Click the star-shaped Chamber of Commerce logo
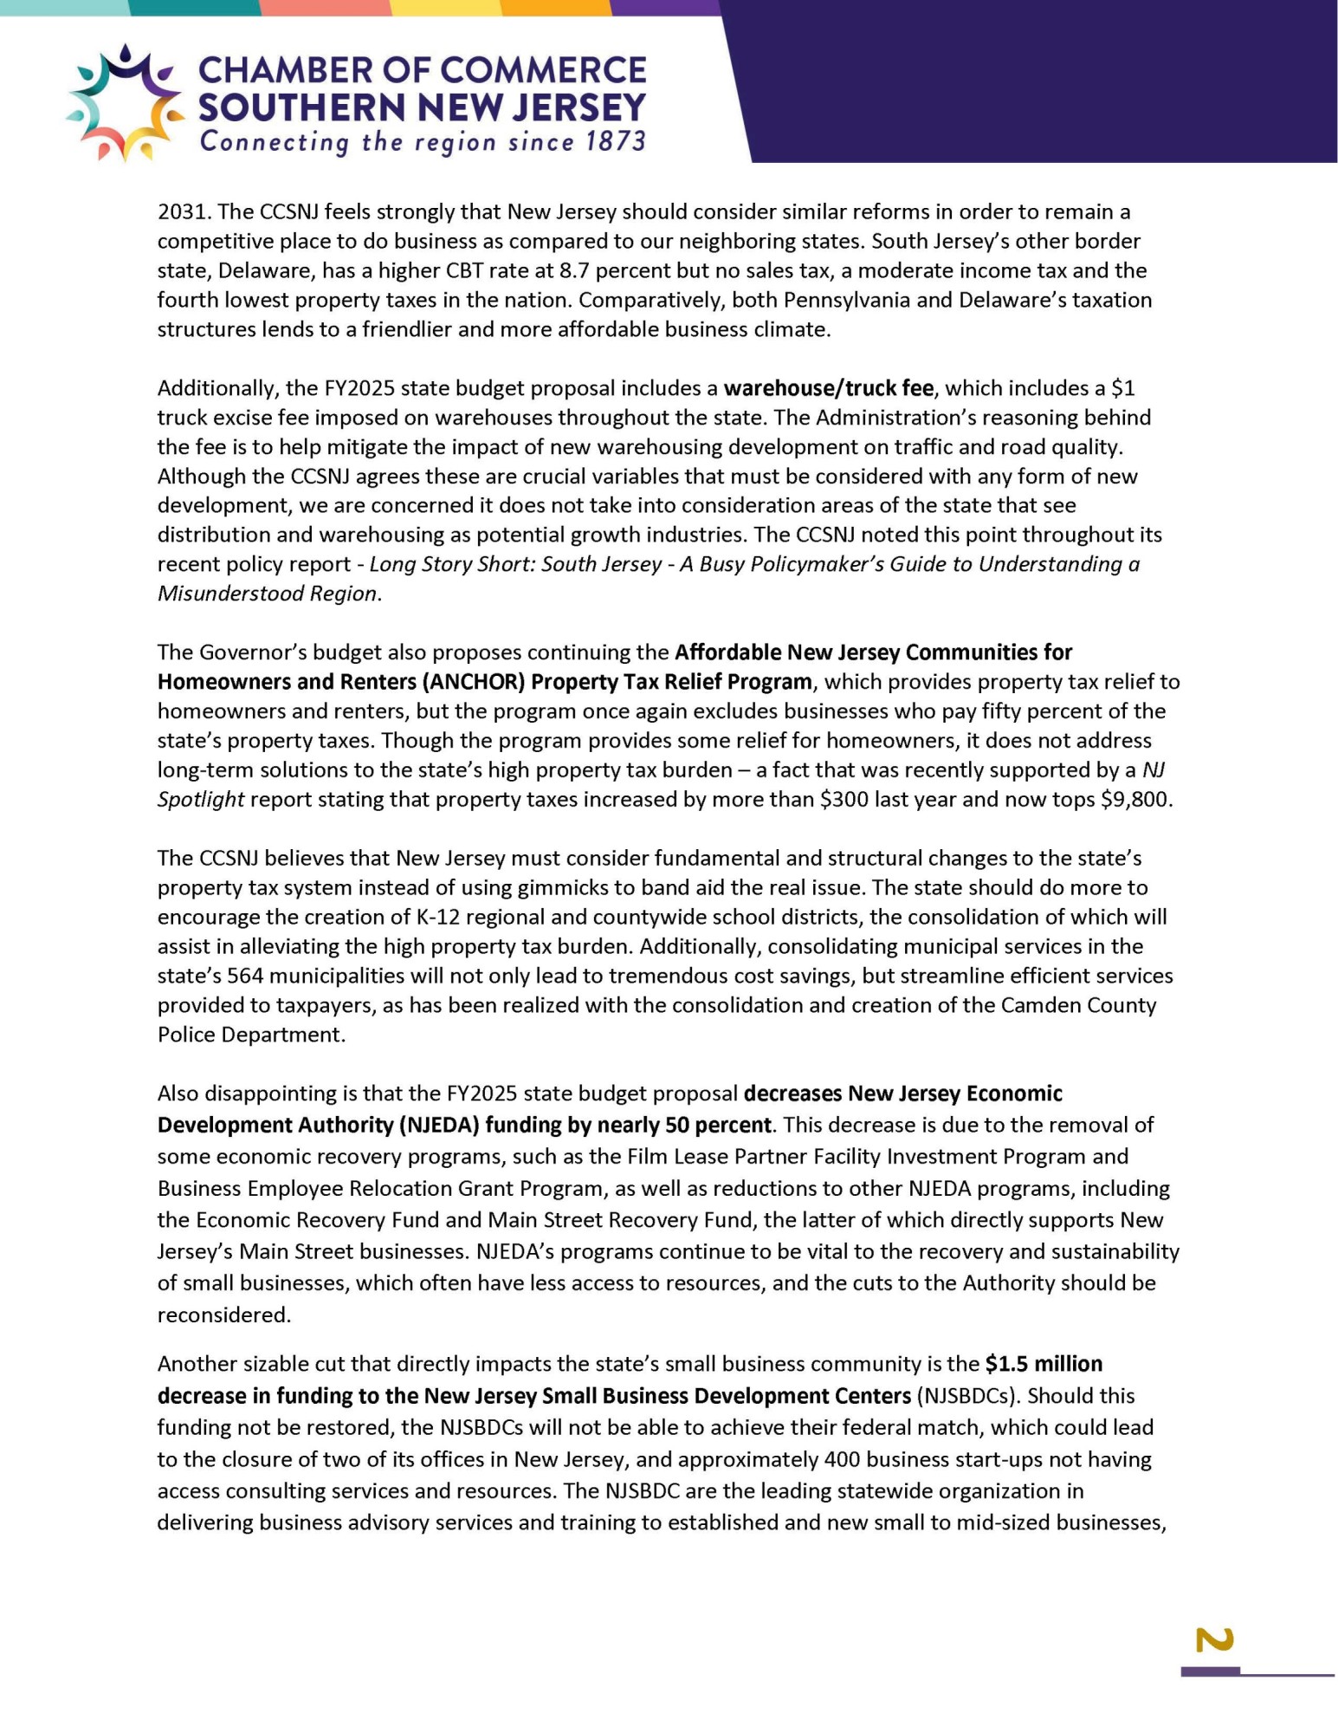point(125,103)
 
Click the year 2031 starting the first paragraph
point(184,212)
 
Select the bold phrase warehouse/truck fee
point(828,388)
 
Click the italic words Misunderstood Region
point(267,594)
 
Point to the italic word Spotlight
point(200,800)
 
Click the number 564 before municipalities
point(245,977)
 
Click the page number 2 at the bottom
point(1214,1640)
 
